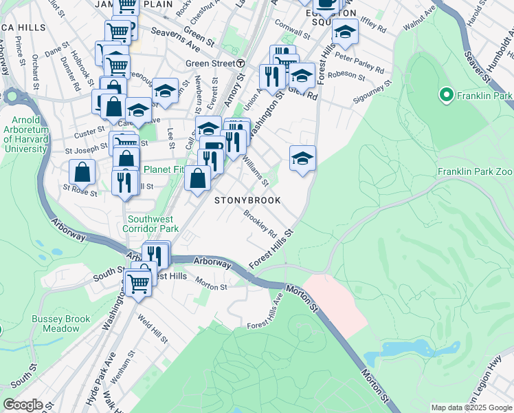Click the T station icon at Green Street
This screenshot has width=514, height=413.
241,63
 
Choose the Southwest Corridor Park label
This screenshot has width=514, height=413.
151,224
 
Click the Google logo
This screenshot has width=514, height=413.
23,405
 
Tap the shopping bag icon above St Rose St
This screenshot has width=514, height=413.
82,171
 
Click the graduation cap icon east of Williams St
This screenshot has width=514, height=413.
302,158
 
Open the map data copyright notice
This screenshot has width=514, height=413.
471,407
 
